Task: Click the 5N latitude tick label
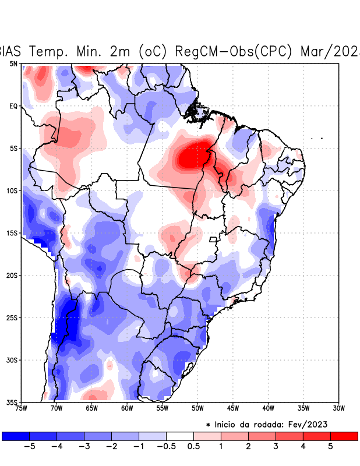13,63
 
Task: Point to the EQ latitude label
13,106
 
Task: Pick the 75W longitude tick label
21,408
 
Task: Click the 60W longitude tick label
127,408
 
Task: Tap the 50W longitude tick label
197,408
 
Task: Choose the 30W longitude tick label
338,408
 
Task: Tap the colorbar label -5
29,446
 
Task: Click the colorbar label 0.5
193,446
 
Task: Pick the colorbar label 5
330,446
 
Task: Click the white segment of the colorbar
180,436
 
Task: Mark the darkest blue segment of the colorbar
16,436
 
